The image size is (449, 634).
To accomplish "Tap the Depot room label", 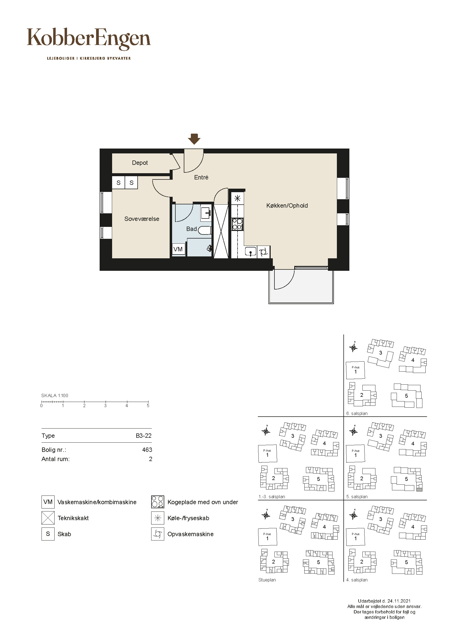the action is pos(140,163).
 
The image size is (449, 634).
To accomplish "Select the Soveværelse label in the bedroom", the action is pos(142,219).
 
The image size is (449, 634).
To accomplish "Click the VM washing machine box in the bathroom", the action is pos(178,249).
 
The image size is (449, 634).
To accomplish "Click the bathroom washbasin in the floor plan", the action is pos(206,213).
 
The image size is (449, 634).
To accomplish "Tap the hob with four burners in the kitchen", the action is pos(237,224).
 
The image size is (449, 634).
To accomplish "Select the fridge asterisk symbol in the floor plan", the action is pos(238,198).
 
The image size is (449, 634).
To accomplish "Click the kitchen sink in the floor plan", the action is pos(251,252).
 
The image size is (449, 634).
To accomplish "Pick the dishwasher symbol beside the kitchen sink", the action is pos(264,252).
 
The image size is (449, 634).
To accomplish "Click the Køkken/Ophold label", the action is pos(287,205).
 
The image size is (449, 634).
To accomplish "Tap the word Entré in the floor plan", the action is pos(201,177).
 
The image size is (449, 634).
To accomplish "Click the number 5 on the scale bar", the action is pos(148,406).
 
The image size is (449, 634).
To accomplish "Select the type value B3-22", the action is pos(144,436).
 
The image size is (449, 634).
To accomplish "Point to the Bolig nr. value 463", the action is pos(147,450).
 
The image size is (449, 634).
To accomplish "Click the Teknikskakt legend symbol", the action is pos(48,518).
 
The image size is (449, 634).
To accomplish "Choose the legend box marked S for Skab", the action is pos(48,534).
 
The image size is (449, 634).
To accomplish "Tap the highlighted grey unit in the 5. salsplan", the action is pos(419,490).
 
